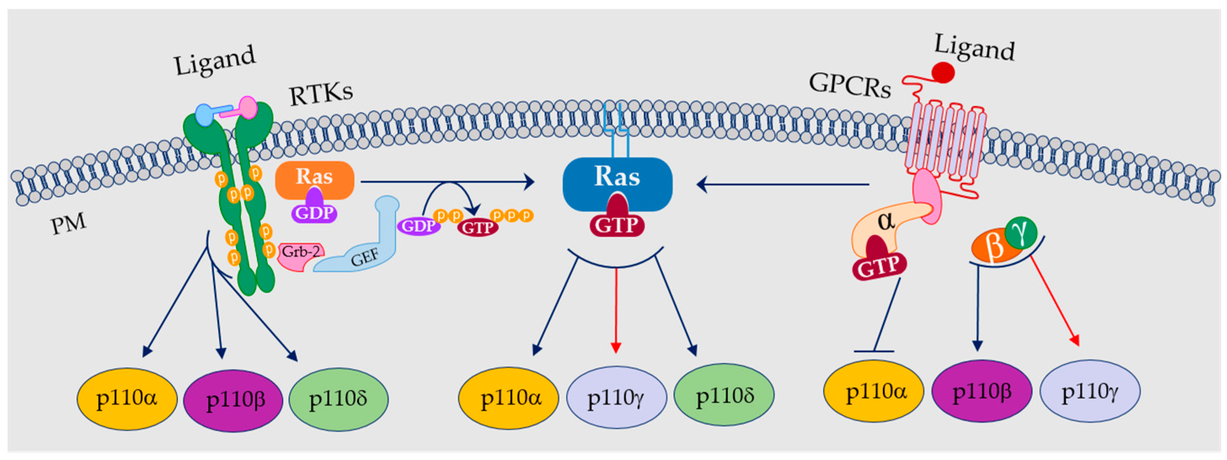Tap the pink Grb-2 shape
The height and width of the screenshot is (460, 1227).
(x=301, y=258)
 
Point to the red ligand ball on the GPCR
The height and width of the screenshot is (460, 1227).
(x=943, y=73)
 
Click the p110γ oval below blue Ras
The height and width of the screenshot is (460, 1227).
(x=616, y=397)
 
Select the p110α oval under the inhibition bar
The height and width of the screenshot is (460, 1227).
(x=874, y=391)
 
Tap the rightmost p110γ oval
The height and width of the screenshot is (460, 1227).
(x=1090, y=391)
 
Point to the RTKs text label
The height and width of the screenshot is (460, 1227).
(x=321, y=94)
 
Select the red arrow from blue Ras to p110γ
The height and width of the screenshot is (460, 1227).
(x=616, y=310)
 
